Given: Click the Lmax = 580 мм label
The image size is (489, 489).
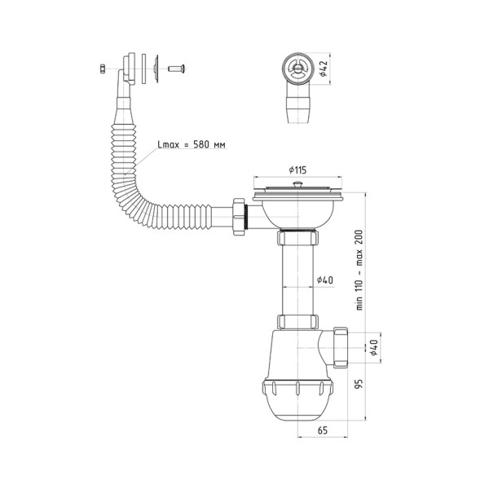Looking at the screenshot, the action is pos(192,145).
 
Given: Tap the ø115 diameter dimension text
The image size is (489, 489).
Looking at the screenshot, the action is pos(297,170).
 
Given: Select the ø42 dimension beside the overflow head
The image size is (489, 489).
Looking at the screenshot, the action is pos(323,68).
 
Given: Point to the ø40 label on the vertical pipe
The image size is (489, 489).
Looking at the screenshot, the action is pos(325,280).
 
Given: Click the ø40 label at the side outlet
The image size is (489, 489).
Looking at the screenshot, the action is pos(373,347).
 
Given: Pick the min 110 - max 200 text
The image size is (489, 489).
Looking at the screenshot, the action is pos(359,270).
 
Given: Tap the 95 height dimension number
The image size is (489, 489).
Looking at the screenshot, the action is pos(359,384).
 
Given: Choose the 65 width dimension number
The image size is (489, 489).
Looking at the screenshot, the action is pos(323,430).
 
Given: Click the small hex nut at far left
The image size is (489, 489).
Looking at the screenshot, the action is pos(102,68).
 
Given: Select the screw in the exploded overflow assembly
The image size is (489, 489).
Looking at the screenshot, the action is pos(177,68).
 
